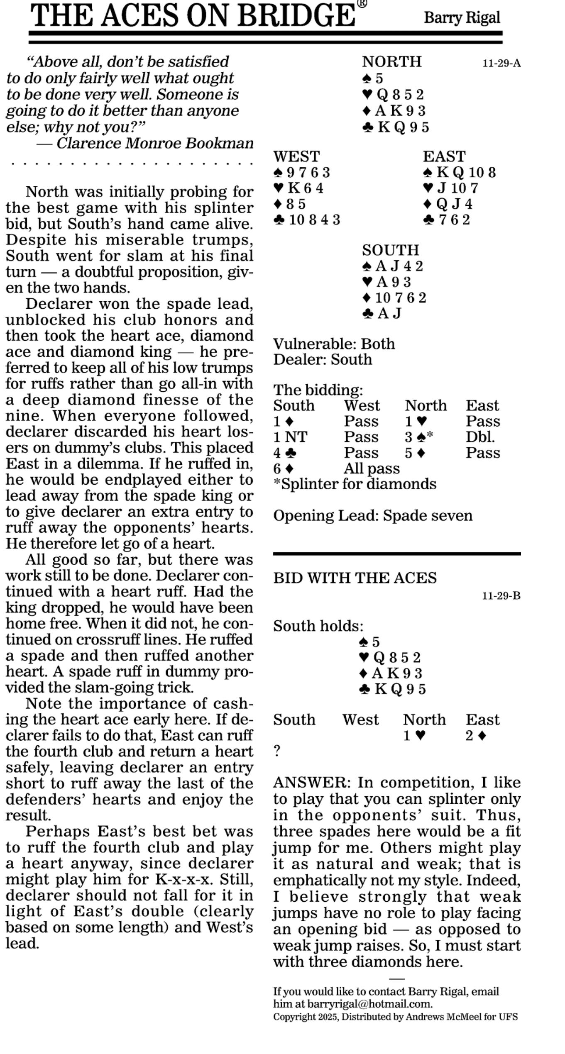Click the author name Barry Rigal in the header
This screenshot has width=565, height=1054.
click(462, 18)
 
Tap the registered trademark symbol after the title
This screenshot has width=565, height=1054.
click(362, 4)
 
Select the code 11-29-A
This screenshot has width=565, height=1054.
click(501, 63)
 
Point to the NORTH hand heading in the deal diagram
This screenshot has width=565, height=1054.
click(391, 62)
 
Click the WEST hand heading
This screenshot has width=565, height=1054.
click(296, 156)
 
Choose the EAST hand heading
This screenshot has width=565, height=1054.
click(444, 156)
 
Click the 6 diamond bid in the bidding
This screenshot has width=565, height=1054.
click(284, 468)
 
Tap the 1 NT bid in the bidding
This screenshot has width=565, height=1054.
click(290, 437)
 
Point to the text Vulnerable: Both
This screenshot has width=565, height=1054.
click(334, 344)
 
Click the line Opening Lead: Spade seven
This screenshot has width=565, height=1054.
click(373, 515)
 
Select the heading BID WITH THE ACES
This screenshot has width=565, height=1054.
click(355, 578)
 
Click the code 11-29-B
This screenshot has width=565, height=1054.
click(501, 596)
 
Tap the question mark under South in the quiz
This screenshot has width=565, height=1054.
click(277, 751)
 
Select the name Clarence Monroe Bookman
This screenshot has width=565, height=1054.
click(154, 143)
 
